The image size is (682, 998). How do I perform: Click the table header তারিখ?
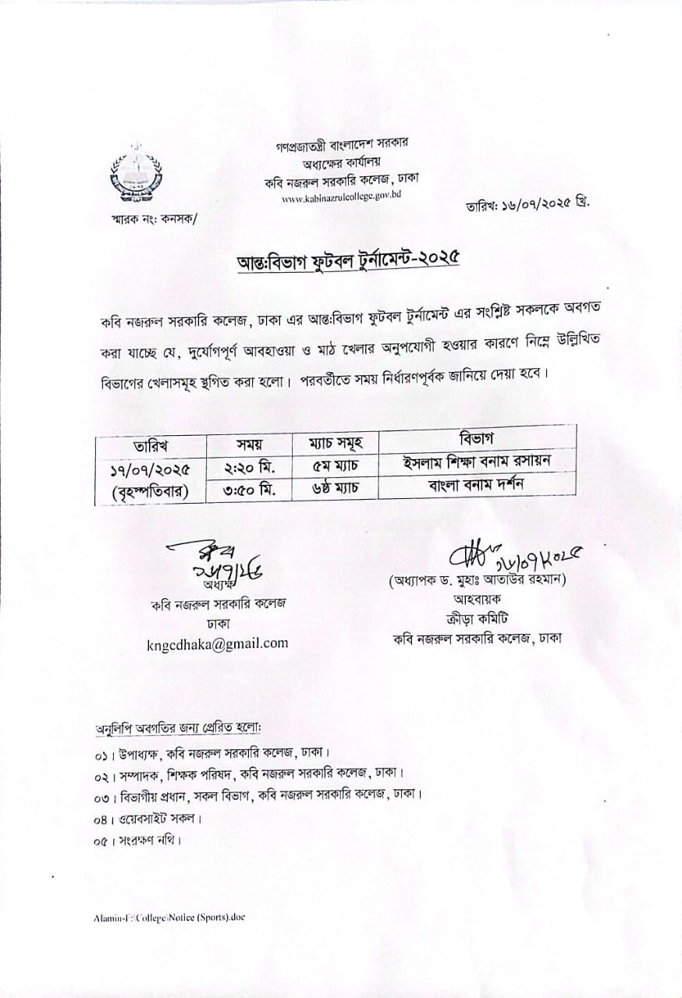151,446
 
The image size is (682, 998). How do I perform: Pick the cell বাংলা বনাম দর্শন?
477,484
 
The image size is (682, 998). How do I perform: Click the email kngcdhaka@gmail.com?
217,643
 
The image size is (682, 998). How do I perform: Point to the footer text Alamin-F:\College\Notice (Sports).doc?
169,918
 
